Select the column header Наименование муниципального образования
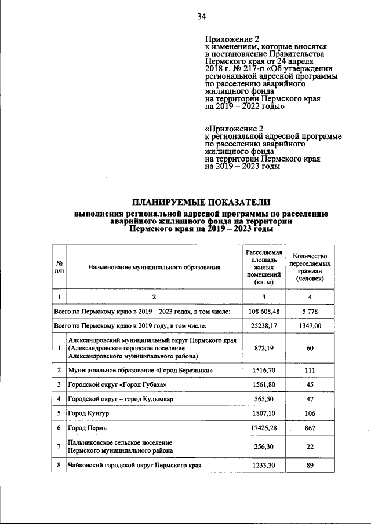click(x=154, y=267)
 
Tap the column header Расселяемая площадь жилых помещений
click(x=264, y=267)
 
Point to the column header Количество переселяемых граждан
click(x=310, y=267)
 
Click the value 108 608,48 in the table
click(x=264, y=312)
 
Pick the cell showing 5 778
click(x=310, y=312)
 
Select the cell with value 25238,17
click(x=264, y=326)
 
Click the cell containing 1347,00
click(x=310, y=326)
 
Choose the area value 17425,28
click(x=264, y=427)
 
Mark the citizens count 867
click(x=310, y=427)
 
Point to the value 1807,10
click(x=264, y=413)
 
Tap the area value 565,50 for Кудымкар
click(x=264, y=398)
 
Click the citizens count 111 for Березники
click(x=310, y=369)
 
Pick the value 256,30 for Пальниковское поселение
click(x=264, y=446)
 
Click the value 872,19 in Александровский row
click(x=264, y=348)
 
